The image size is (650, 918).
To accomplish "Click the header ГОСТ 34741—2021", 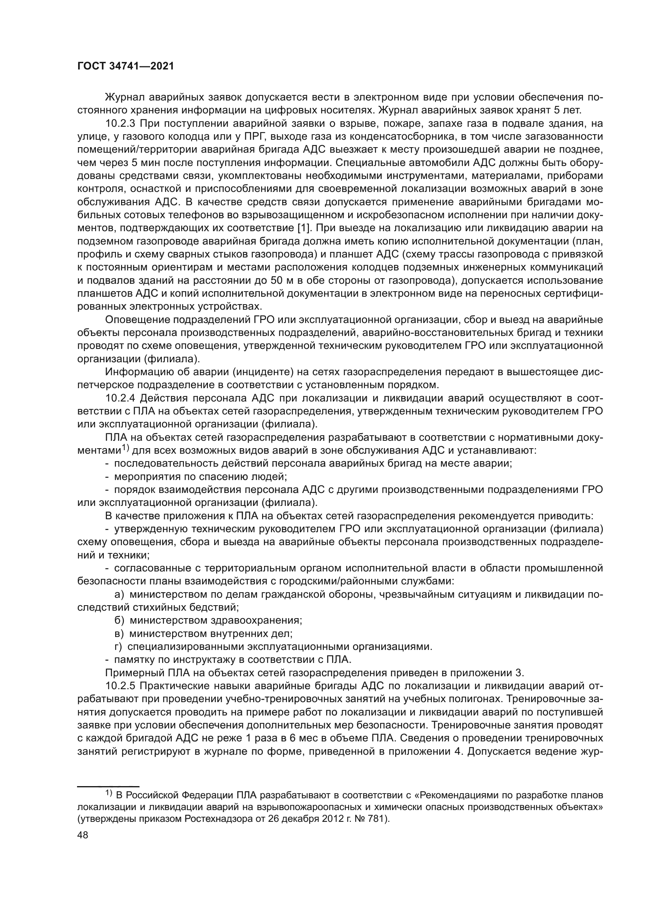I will click(125, 66).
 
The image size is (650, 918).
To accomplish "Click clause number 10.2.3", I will click(121, 123).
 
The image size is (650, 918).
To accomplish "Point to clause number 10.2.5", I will click(121, 686).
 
